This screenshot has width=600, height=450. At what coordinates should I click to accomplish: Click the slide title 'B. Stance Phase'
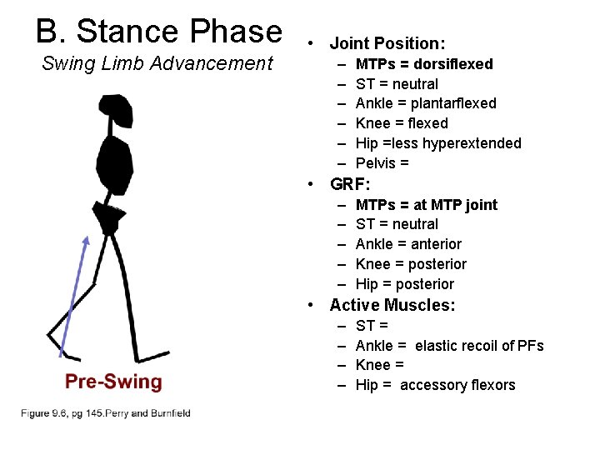(159, 31)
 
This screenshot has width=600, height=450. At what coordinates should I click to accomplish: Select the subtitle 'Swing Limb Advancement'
(157, 63)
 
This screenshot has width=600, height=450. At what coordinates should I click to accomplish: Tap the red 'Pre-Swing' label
(113, 382)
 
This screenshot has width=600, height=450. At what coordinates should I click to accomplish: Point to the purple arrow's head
(86, 241)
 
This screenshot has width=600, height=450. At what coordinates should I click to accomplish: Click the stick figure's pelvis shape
(108, 217)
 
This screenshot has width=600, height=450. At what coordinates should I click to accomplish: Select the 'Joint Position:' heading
(387, 43)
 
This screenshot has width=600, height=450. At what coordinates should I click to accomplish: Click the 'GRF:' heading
(351, 184)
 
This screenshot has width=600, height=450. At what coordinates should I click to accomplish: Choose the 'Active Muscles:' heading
(392, 305)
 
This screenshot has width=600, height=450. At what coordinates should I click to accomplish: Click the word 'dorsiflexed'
(452, 64)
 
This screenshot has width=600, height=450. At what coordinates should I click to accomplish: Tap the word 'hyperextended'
(472, 143)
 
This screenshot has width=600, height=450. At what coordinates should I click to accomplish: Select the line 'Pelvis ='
(382, 163)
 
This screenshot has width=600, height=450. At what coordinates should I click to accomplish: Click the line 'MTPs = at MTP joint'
(426, 205)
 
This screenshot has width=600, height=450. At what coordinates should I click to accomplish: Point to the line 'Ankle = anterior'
(408, 244)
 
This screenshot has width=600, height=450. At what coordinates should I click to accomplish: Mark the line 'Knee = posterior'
(411, 264)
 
